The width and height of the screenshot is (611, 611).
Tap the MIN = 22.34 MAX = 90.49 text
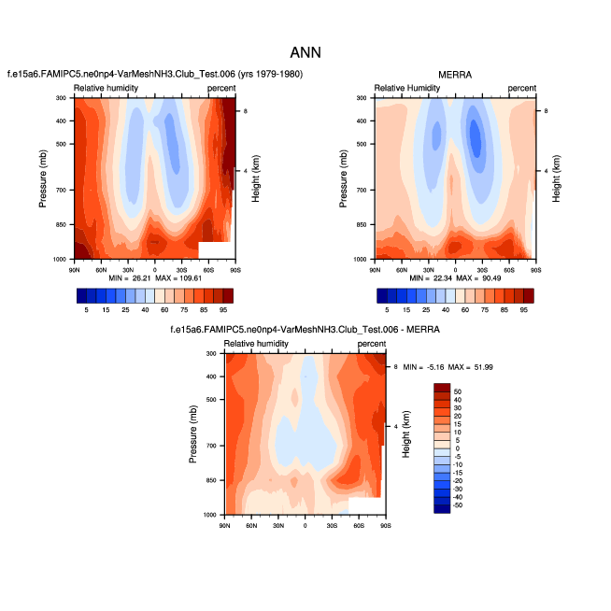pyautogui.click(x=456, y=278)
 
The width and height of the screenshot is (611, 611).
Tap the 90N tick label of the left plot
pyautogui.click(x=75, y=268)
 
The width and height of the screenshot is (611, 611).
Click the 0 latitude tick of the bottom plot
pyautogui.click(x=305, y=525)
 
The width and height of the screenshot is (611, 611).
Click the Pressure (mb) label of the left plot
pyautogui.click(x=43, y=178)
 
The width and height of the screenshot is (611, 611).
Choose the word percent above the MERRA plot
pyautogui.click(x=522, y=88)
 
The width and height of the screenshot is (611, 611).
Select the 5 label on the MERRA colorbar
pyautogui.click(x=386, y=309)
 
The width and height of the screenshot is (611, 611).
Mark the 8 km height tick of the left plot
pyautogui.click(x=245, y=111)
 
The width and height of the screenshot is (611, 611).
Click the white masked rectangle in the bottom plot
pyautogui.click(x=364, y=505)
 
